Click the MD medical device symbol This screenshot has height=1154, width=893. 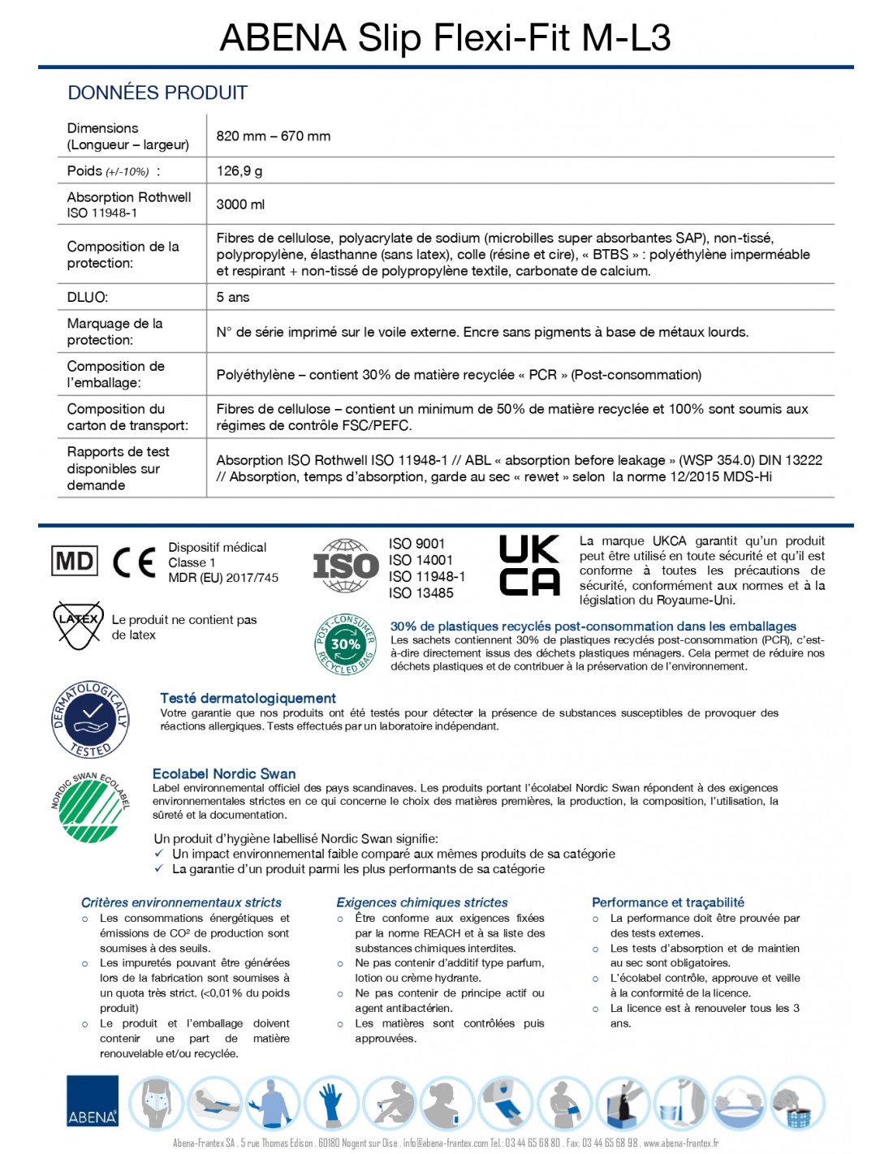75,561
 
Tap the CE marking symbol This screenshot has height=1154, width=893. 134,562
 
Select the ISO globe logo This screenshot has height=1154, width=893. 346,566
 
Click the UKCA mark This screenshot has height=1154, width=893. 529,565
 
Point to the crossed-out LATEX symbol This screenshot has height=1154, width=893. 78,624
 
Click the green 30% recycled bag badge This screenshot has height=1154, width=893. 345,644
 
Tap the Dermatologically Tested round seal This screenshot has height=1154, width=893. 91,719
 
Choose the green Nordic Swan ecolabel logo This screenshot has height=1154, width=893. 90,809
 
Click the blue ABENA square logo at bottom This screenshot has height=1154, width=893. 93,1101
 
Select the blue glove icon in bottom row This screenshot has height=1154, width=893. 331,1102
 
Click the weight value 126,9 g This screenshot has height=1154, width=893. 239,171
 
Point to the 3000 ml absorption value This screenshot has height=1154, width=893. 240,205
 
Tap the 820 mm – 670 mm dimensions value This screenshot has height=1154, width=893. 274,136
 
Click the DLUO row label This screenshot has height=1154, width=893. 88,297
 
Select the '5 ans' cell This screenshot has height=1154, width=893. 233,297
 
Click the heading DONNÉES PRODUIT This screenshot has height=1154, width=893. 157,93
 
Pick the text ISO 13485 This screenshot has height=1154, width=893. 421,593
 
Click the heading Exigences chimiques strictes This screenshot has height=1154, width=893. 422,902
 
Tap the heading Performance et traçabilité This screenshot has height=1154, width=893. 668,902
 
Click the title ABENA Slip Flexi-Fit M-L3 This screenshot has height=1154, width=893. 446,37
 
